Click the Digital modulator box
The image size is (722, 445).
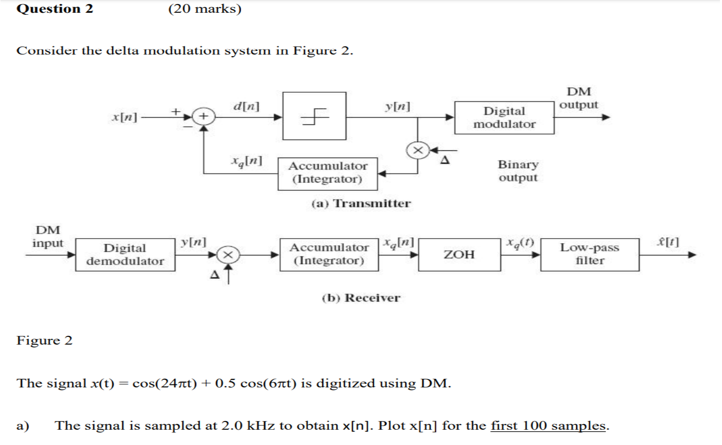coord(504,118)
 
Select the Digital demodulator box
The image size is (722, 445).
coord(125,254)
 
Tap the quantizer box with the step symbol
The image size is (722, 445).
coord(314,116)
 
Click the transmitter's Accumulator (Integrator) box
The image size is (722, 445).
coord(327,173)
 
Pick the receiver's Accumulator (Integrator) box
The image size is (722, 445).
coord(329,254)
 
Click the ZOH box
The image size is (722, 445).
coord(459,254)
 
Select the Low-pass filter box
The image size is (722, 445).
coord(589,254)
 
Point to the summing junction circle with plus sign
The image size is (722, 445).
coord(203,117)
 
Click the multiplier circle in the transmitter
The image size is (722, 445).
coord(418,150)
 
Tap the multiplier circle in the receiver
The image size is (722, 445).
coord(227,255)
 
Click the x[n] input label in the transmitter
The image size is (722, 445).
coord(124,117)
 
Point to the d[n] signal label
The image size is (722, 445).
coord(246,106)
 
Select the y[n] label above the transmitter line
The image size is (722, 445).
coord(397,106)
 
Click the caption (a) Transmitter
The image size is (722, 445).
coord(360,203)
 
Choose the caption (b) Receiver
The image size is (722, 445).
coord(360,298)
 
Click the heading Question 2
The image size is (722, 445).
coord(55,9)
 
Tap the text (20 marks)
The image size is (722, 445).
coord(204,9)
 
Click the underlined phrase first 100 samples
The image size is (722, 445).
coord(548,426)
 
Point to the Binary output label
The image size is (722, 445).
coord(518,171)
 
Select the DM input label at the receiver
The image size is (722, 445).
coord(47,237)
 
